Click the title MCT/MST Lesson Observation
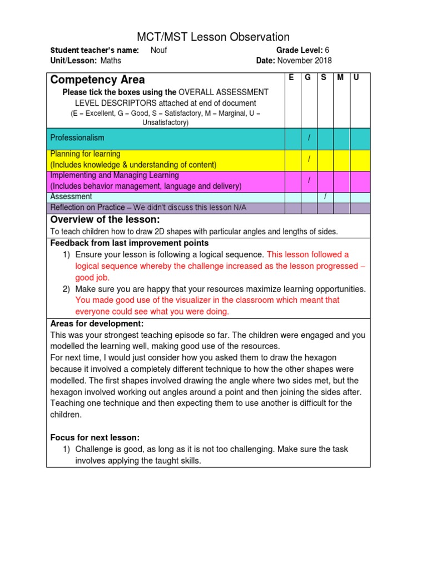pyautogui.click(x=213, y=37)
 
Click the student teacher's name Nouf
pyautogui.click(x=158, y=50)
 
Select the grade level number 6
pyautogui.click(x=327, y=50)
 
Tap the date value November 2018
pyautogui.click(x=304, y=61)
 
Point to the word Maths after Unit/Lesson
pyautogui.click(x=111, y=61)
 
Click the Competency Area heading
pyautogui.click(x=97, y=80)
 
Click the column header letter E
pyautogui.click(x=291, y=77)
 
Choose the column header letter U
pyautogui.click(x=356, y=77)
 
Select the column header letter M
pyautogui.click(x=340, y=77)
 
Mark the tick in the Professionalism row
pyautogui.click(x=309, y=138)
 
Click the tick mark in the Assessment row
pyautogui.click(x=325, y=197)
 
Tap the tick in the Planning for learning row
pyautogui.click(x=309, y=160)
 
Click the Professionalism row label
pyautogui.click(x=77, y=138)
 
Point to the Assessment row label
pyautogui.click(x=71, y=197)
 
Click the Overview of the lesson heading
pyautogui.click(x=105, y=219)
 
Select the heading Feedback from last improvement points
pyautogui.click(x=130, y=243)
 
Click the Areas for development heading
pyautogui.click(x=97, y=323)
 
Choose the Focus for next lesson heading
pyautogui.click(x=95, y=438)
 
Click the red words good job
pyautogui.click(x=93, y=277)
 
